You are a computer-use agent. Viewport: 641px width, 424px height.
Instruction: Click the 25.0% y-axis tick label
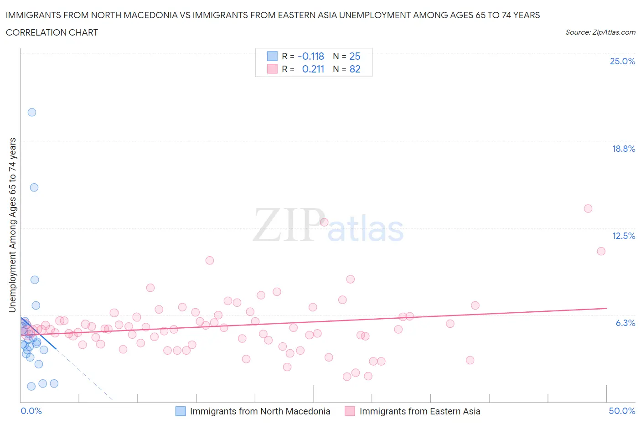pyautogui.click(x=622, y=61)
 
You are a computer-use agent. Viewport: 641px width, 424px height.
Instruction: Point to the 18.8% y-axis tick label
pyautogui.click(x=623, y=149)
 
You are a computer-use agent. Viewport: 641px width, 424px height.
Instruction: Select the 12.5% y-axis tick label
pyautogui.click(x=623, y=236)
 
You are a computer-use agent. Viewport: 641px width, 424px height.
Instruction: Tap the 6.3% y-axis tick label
pyautogui.click(x=625, y=323)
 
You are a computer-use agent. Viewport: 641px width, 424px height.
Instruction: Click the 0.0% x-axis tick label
pyautogui.click(x=31, y=411)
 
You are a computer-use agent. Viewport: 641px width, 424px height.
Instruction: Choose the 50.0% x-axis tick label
pyautogui.click(x=622, y=411)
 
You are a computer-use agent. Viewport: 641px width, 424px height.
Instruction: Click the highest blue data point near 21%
pyautogui.click(x=32, y=112)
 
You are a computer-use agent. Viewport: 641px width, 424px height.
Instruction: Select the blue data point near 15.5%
pyautogui.click(x=34, y=187)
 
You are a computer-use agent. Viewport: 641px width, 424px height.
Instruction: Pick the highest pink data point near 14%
pyautogui.click(x=588, y=208)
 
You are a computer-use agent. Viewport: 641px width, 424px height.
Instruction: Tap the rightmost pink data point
pyautogui.click(x=601, y=251)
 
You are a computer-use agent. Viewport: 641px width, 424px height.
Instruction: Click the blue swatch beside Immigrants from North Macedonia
pyautogui.click(x=181, y=411)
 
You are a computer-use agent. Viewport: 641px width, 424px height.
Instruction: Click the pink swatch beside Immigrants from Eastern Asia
pyautogui.click(x=350, y=411)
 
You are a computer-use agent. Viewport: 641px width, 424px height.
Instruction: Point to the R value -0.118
pyautogui.click(x=310, y=56)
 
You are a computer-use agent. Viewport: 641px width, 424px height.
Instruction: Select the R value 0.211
pyautogui.click(x=313, y=69)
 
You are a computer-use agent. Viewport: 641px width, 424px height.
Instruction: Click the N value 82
pyautogui.click(x=355, y=69)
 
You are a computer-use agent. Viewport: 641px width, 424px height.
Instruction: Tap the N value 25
pyautogui.click(x=355, y=56)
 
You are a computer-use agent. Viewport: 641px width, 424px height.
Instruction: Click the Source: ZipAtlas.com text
pyautogui.click(x=600, y=32)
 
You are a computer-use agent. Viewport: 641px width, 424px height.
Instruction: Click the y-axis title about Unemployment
pyautogui.click(x=13, y=225)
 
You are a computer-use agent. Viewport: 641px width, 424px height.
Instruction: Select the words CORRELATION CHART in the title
pyautogui.click(x=52, y=32)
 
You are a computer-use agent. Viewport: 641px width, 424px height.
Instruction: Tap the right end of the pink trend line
pyautogui.click(x=606, y=308)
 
